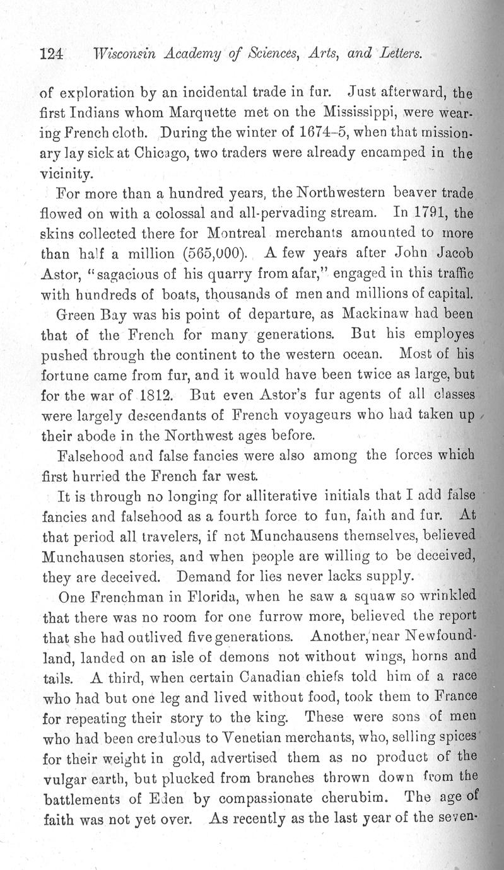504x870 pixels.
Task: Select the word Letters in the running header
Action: [x=401, y=55]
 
